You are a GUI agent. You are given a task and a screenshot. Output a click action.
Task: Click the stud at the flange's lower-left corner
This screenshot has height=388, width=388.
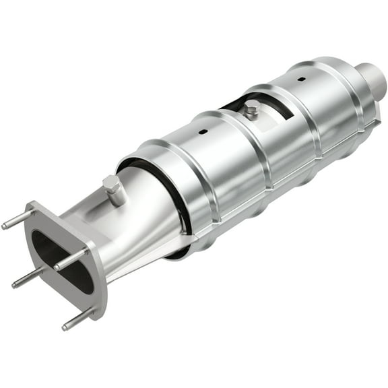[x=27, y=277]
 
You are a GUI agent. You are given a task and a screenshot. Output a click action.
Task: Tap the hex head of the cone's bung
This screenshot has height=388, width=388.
[x=111, y=183]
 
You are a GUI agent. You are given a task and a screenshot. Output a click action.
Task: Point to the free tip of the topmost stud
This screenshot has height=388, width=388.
[x=5, y=226]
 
